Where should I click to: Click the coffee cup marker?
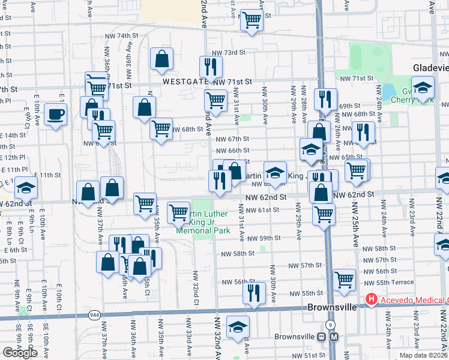point(56,114)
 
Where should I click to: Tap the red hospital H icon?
point(372,299)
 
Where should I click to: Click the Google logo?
point(20,353)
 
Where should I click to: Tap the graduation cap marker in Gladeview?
point(423,89)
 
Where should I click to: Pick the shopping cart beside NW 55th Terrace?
point(345,279)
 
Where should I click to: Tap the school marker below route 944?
point(238,326)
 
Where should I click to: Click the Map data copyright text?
point(423,355)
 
